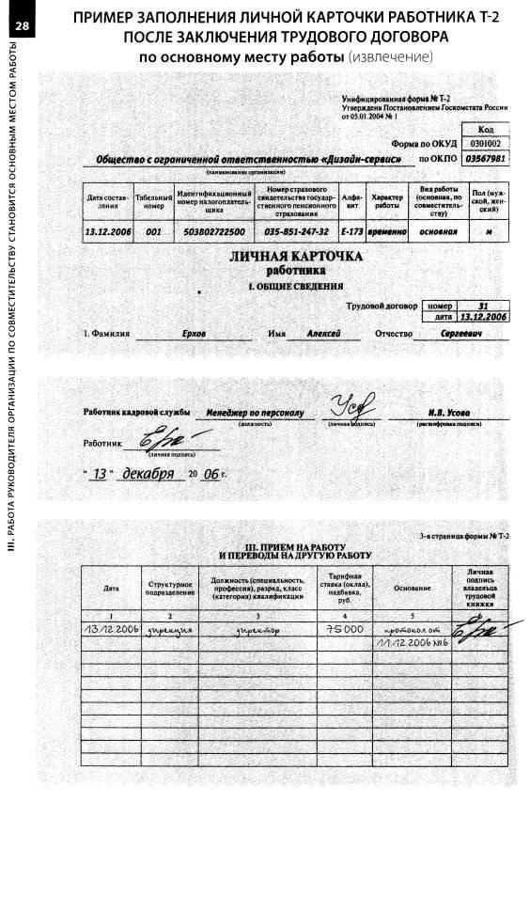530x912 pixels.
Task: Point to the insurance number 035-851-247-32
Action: (x=296, y=231)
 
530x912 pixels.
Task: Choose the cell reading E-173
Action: (x=351, y=231)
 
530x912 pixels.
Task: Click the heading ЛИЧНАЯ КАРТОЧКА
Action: (x=296, y=256)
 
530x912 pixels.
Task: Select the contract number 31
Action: (x=483, y=306)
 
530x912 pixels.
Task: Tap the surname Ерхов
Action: (x=194, y=334)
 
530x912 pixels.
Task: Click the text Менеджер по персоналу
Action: (x=255, y=413)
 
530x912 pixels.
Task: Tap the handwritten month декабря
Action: (x=151, y=473)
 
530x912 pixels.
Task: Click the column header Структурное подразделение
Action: (x=170, y=589)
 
